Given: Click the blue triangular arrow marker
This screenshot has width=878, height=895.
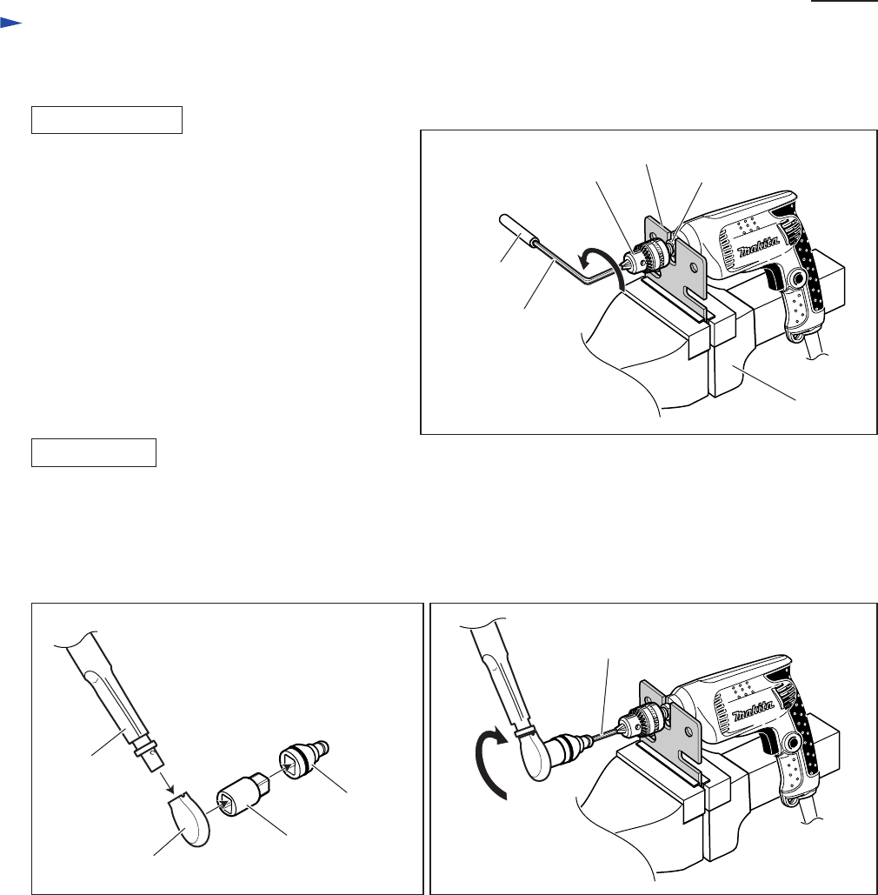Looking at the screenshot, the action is (10, 23).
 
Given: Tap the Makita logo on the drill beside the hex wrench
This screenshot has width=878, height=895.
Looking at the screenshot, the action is (758, 247).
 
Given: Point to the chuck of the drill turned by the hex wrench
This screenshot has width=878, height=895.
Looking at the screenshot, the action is (648, 257).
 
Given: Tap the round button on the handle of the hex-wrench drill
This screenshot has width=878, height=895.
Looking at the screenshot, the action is (797, 278).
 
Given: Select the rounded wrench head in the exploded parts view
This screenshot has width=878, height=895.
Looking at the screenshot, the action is (190, 819).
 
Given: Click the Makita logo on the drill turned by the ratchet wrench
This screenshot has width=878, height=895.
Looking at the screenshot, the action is (753, 713).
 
